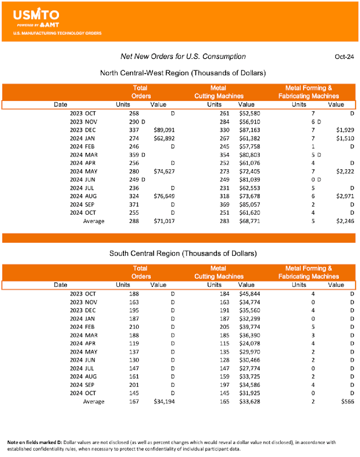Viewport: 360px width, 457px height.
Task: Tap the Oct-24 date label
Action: [x=344, y=57]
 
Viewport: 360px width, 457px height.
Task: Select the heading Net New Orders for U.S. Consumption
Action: [x=183, y=56]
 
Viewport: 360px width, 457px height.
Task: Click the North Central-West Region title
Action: [x=183, y=72]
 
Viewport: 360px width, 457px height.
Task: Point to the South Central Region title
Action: [x=183, y=253]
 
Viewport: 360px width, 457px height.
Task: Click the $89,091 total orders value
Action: [x=163, y=130]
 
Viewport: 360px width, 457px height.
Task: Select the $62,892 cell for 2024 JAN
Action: [x=163, y=138]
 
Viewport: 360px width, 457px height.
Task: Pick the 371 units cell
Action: [x=134, y=204]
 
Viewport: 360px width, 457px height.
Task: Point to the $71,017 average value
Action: [x=163, y=221]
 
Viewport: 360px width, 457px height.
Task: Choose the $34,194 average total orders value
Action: [x=163, y=401]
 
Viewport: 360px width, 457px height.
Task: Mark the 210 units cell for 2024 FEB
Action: [x=134, y=326]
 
